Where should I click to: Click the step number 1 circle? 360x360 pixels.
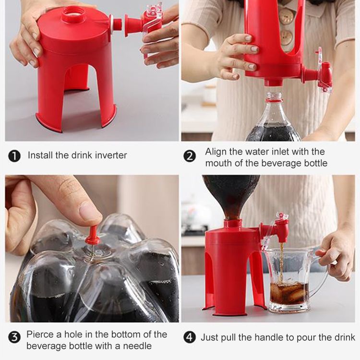coord(14,156)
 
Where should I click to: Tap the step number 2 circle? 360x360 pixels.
coord(190,156)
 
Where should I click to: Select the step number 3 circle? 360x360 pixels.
coord(14,337)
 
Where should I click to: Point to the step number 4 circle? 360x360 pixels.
coord(190,337)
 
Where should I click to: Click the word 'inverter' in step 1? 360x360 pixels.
coord(111,155)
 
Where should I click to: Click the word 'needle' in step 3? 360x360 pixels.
coord(137,346)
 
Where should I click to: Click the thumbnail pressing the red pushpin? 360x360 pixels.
coord(90,211)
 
